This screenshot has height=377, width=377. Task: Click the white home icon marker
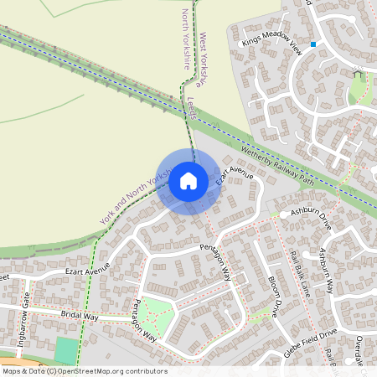(x=188, y=181)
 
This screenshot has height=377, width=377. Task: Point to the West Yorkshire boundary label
(x=200, y=60)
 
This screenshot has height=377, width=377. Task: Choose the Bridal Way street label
(x=80, y=317)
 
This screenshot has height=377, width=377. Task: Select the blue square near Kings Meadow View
(x=313, y=44)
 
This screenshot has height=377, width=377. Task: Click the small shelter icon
(x=359, y=75)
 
